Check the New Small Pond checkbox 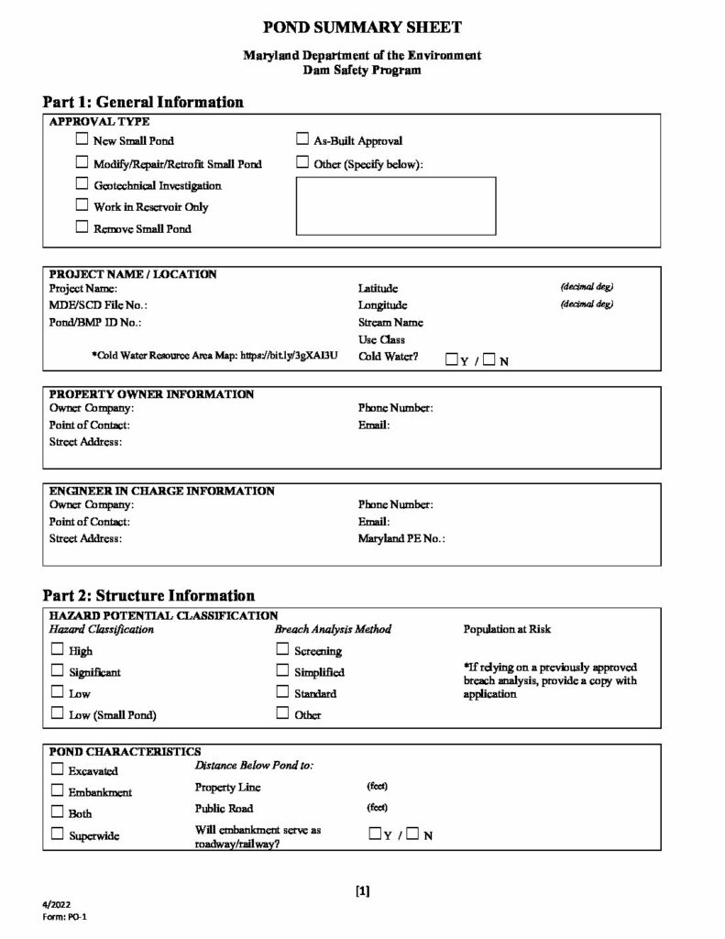click(82, 141)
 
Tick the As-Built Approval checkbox click(302, 141)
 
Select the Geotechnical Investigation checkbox click(82, 184)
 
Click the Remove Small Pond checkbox click(82, 227)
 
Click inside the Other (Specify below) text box click(395, 206)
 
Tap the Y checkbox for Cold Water click(451, 359)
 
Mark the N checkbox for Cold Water click(489, 359)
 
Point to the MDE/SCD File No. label click(98, 305)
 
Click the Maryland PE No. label click(401, 539)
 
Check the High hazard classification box click(57, 650)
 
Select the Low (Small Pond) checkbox click(57, 713)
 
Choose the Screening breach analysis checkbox click(282, 650)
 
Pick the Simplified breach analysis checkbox click(282, 671)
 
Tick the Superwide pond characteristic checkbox click(57, 834)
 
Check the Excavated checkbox click(57, 769)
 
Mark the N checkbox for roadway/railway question click(412, 834)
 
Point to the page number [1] click(362, 889)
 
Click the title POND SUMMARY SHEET click(362, 28)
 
